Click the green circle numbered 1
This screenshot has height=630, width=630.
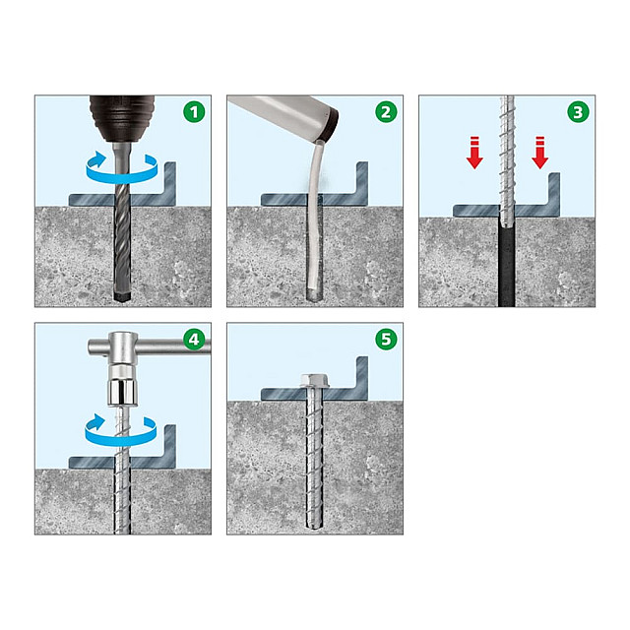pyautogui.click(x=194, y=112)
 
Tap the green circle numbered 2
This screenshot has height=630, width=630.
pyautogui.click(x=386, y=112)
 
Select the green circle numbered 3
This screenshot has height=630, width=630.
pyautogui.click(x=578, y=112)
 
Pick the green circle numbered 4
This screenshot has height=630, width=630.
pyautogui.click(x=194, y=339)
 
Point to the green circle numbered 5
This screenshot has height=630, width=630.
pyautogui.click(x=386, y=339)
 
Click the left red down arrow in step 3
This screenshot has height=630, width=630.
pyautogui.click(x=474, y=153)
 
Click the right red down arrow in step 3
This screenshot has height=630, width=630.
pyautogui.click(x=540, y=153)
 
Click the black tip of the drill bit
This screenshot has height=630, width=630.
pyautogui.click(x=122, y=296)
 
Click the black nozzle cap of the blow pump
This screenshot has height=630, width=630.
pyautogui.click(x=330, y=125)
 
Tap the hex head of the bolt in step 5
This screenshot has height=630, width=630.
pyautogui.click(x=314, y=381)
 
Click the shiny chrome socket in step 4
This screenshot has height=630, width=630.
pyautogui.click(x=122, y=393)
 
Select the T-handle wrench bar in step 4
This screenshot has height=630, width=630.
pyautogui.click(x=149, y=346)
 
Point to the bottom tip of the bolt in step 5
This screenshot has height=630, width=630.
pyautogui.click(x=314, y=527)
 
